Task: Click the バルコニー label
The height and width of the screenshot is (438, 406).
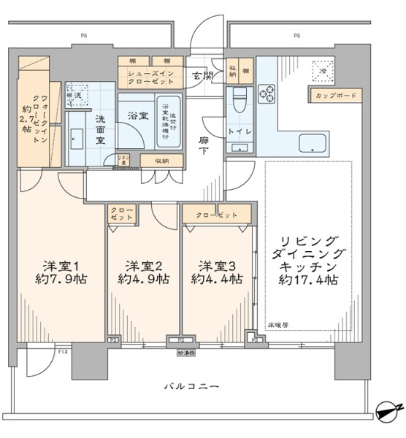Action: pos(191,385)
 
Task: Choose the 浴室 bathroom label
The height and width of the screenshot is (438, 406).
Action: pos(136,115)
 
